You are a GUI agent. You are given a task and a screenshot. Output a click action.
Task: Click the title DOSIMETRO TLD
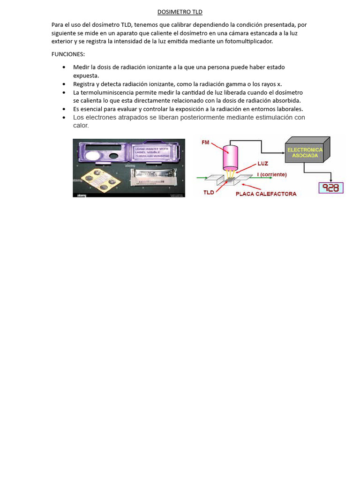(x=180, y=12)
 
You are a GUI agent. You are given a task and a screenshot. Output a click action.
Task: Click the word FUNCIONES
(x=67, y=54)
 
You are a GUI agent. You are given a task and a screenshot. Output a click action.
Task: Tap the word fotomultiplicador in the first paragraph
(x=248, y=41)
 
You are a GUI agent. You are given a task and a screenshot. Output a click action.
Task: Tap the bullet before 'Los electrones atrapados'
(x=64, y=118)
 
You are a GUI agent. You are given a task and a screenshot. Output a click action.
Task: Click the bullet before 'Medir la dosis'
(x=64, y=67)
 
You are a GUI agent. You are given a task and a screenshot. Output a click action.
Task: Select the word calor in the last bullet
(x=81, y=126)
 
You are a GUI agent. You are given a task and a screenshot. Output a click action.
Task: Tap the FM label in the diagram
(x=205, y=142)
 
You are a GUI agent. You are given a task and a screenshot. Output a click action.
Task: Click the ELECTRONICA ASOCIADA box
(x=305, y=153)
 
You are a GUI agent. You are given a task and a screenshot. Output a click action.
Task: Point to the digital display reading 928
(x=331, y=188)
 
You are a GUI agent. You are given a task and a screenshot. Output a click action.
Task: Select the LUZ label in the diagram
(x=262, y=164)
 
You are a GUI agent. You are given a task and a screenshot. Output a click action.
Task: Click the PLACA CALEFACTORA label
(x=266, y=194)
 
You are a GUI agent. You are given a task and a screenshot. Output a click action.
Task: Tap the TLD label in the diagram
(x=209, y=192)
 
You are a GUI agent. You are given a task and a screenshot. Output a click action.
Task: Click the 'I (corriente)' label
(x=272, y=174)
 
